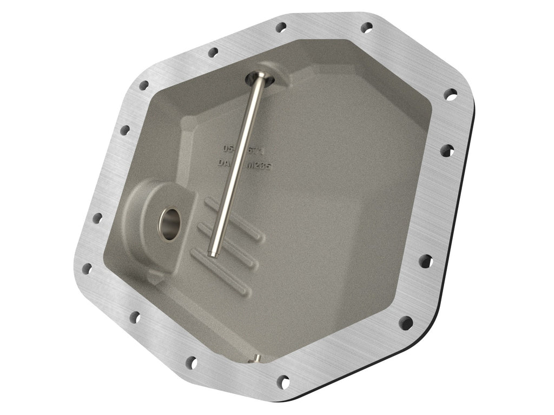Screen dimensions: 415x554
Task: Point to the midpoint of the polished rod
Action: (x=236, y=165)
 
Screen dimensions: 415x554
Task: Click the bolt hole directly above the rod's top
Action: (x=280, y=27)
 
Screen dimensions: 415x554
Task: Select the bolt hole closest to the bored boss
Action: (x=97, y=218)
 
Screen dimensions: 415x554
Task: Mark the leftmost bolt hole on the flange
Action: (x=86, y=268)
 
